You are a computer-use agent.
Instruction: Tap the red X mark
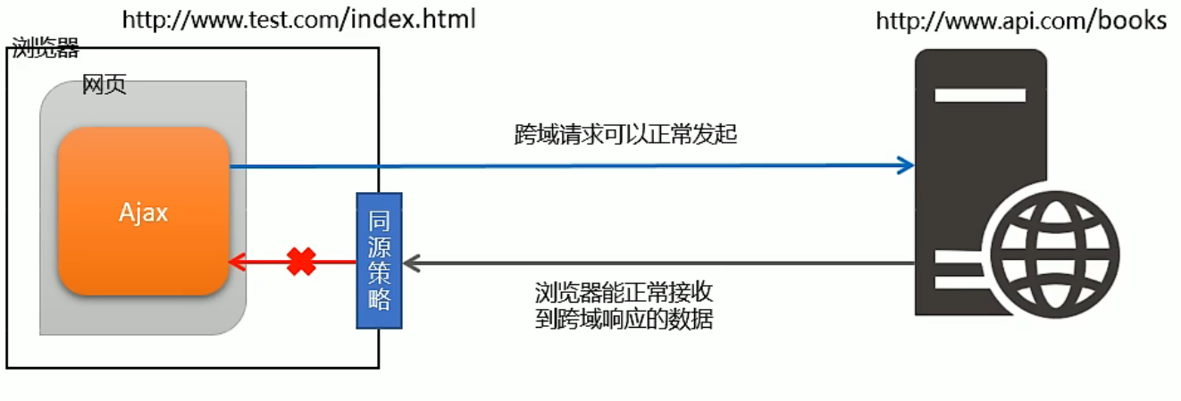click(302, 262)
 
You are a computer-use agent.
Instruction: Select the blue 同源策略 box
click(379, 260)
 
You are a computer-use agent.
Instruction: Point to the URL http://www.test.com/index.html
click(298, 19)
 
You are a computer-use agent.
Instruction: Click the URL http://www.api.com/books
click(1021, 21)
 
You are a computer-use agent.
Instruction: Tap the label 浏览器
click(46, 48)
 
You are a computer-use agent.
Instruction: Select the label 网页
click(104, 85)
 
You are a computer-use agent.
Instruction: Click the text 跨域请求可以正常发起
click(625, 135)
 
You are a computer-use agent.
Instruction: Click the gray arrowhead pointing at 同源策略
click(412, 263)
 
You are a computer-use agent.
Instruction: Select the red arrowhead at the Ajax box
click(238, 262)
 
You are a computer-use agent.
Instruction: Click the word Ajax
click(143, 213)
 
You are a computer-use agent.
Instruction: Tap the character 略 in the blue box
click(379, 299)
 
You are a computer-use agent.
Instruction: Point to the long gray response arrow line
click(661, 263)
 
